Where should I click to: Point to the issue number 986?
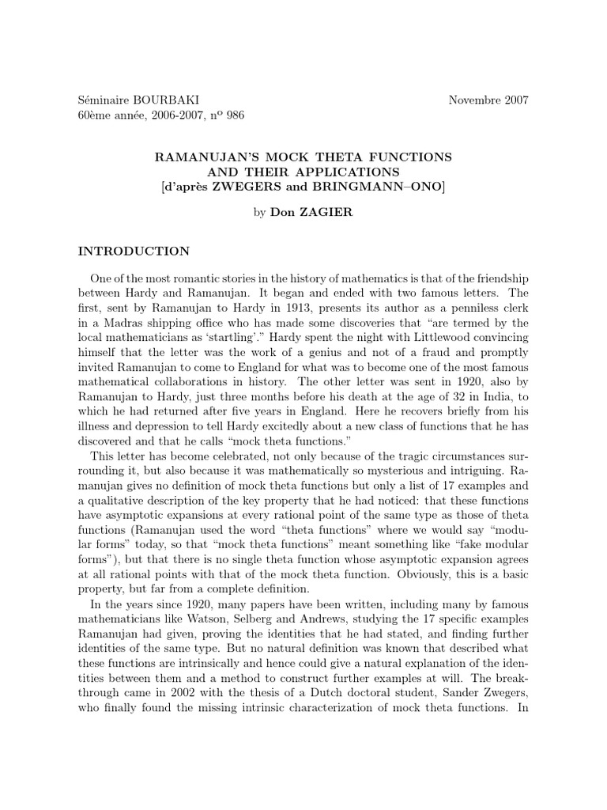(235, 115)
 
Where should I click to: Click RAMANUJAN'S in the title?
(198, 157)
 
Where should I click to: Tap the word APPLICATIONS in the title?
(349, 171)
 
